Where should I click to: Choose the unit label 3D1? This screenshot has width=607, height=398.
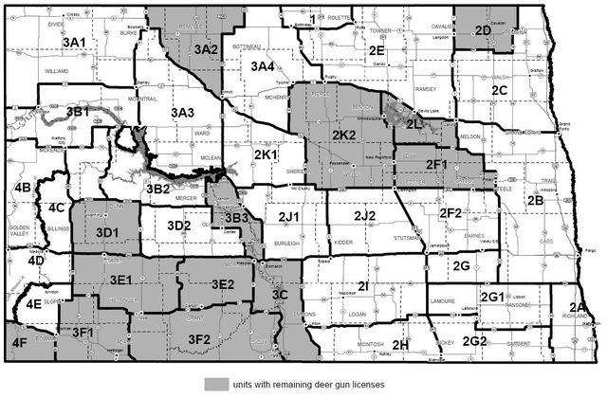tap(107, 231)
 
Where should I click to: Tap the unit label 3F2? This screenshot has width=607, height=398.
tap(199, 338)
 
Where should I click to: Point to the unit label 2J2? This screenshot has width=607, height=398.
tap(365, 217)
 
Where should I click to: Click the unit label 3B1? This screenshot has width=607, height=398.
tap(78, 112)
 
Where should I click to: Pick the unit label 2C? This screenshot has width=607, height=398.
tap(501, 90)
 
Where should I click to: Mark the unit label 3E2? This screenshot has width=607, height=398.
tap(222, 283)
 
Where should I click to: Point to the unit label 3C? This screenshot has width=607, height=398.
tap(279, 296)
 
